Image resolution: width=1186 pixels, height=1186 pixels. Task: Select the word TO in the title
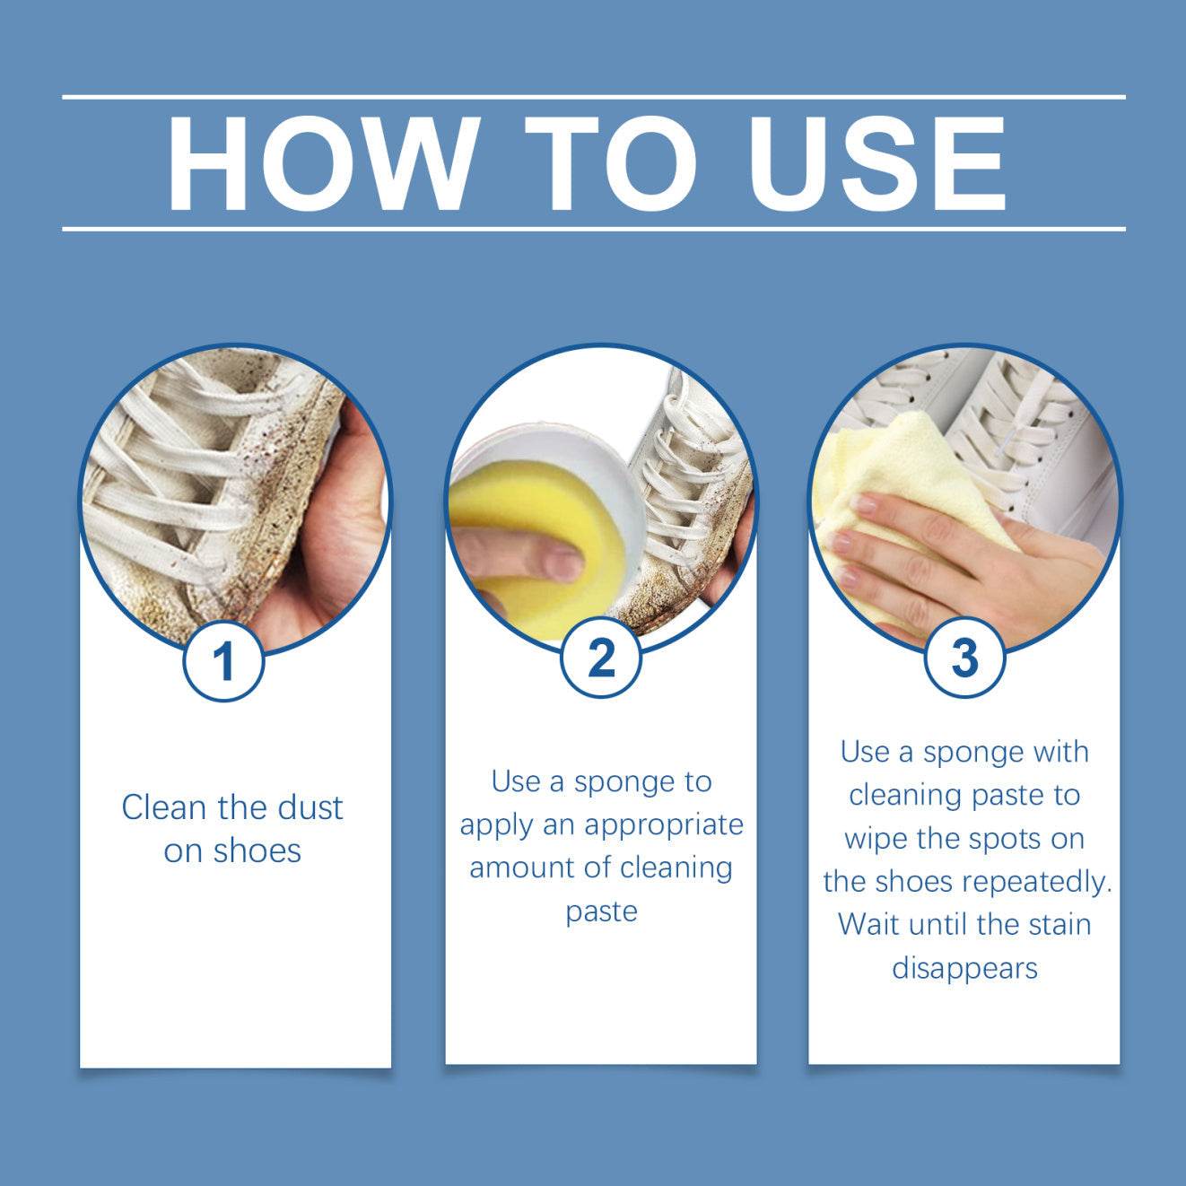(x=610, y=163)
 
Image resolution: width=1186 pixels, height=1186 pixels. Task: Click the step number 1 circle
(x=223, y=662)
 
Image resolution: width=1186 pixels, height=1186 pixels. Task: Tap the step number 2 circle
(x=601, y=658)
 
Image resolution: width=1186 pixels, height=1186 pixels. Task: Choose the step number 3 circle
(x=964, y=658)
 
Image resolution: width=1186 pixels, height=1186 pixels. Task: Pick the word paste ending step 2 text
(x=601, y=911)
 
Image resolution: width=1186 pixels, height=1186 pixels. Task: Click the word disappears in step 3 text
(x=964, y=968)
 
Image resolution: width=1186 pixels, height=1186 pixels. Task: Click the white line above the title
(x=593, y=96)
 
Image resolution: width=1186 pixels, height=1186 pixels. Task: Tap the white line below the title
(x=593, y=229)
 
